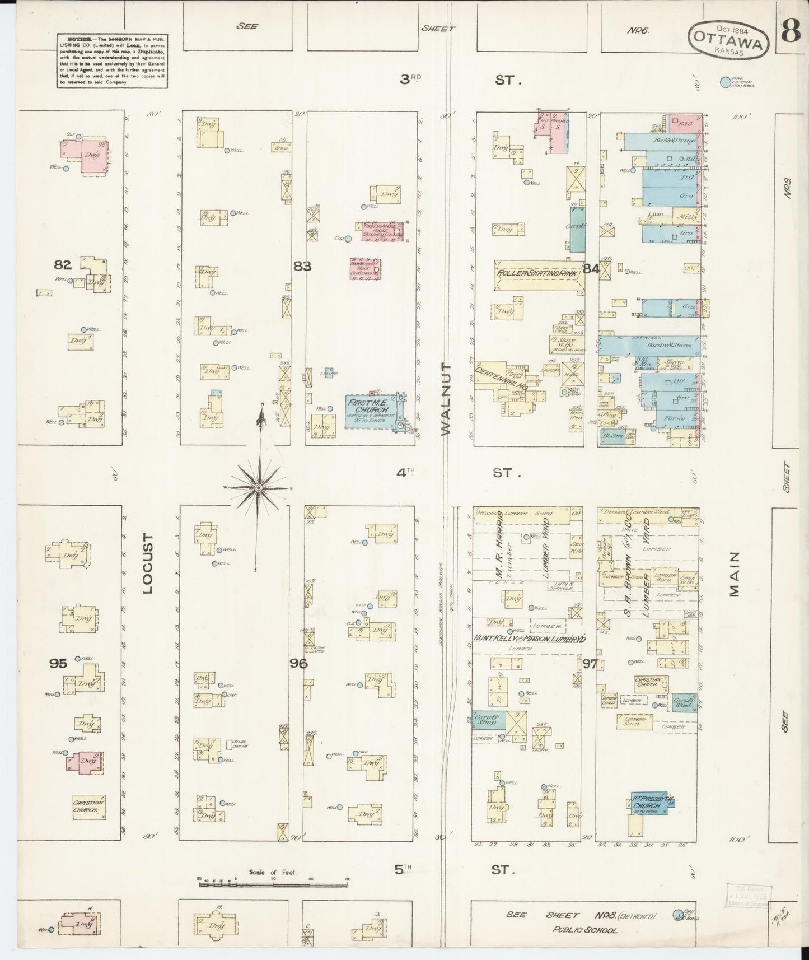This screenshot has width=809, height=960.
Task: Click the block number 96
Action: coord(298,663)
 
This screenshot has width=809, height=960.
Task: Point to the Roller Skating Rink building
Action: coord(538,274)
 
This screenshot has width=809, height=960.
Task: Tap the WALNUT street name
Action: coord(446,398)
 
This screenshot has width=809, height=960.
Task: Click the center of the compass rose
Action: coord(258,488)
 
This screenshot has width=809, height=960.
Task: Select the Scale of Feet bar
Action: coord(273,884)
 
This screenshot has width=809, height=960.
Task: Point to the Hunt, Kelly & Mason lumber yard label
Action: coord(530,638)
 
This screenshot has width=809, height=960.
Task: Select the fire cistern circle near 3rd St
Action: coord(726,82)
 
